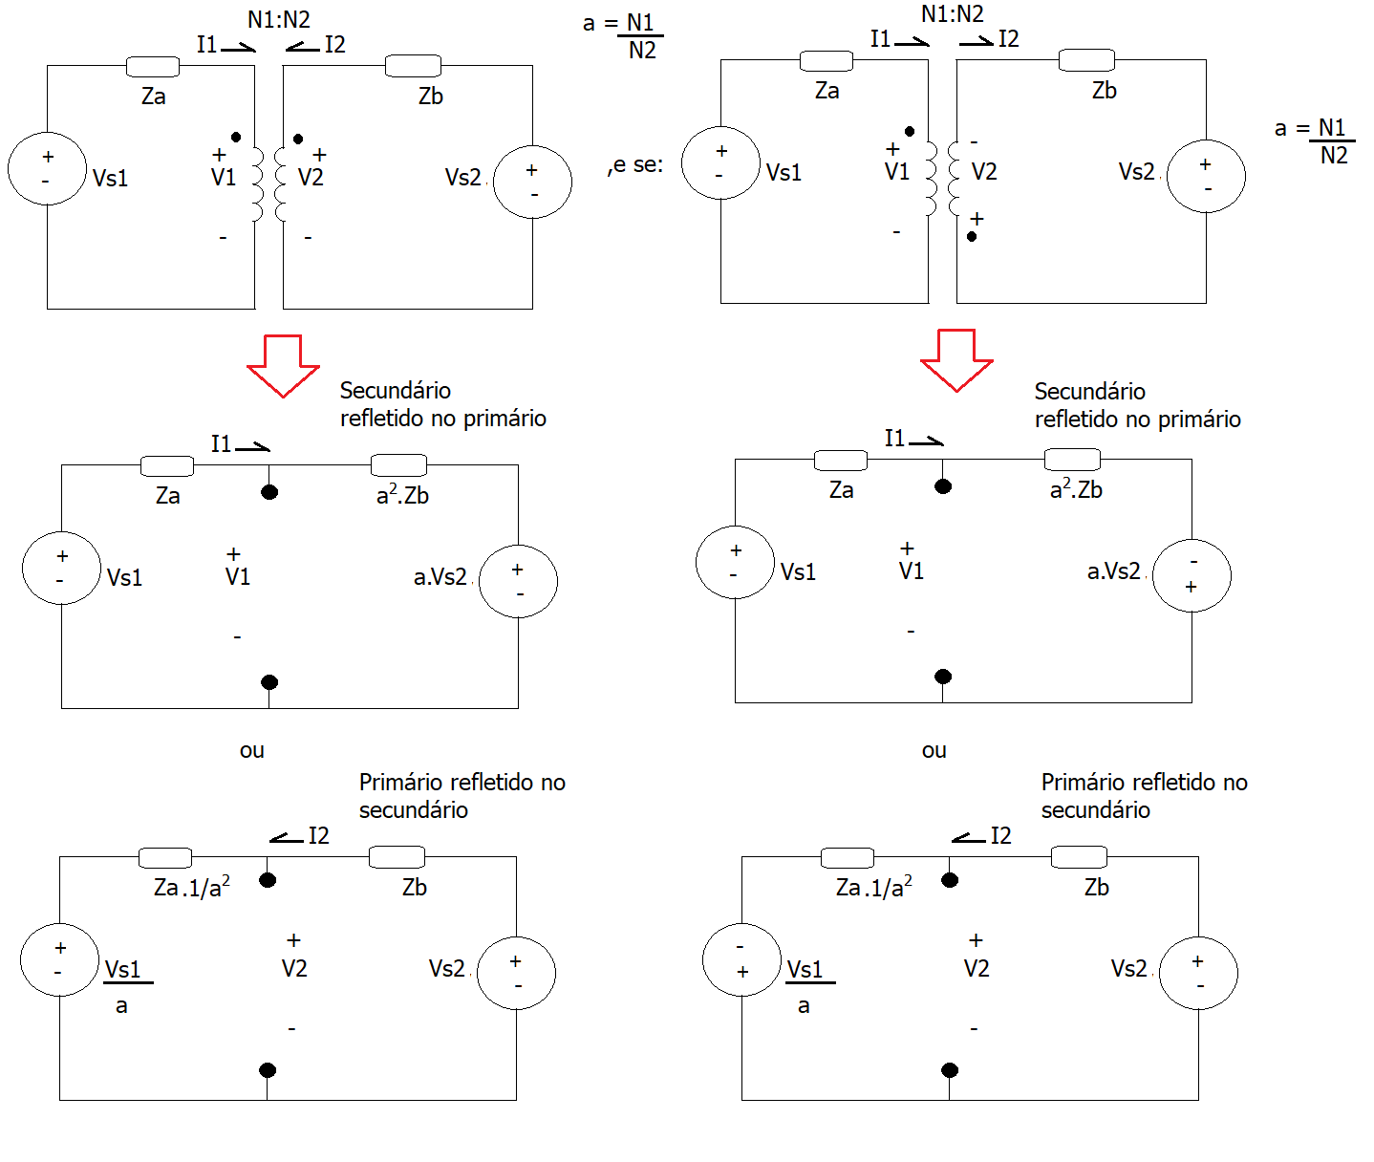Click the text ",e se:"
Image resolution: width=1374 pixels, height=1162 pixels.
click(x=635, y=165)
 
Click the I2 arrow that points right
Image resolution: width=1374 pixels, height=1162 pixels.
click(x=977, y=41)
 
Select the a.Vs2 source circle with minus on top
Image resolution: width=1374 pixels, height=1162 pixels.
click(x=1192, y=575)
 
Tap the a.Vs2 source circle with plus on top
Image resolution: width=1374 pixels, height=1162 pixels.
click(x=518, y=581)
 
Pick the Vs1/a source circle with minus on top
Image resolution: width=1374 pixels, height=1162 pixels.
click(x=741, y=959)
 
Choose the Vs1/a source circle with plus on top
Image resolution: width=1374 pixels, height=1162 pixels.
click(x=59, y=959)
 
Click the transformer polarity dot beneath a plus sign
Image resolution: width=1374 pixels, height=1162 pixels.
click(x=972, y=236)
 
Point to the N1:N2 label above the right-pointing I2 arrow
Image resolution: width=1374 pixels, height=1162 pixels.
click(x=952, y=14)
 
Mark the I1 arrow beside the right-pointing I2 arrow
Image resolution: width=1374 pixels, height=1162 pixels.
click(x=912, y=41)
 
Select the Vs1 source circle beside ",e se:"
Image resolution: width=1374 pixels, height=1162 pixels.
click(x=720, y=163)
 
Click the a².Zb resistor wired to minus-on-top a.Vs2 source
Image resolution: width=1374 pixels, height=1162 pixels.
click(x=1072, y=460)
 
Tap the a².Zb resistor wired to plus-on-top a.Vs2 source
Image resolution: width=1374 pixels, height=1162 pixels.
click(x=398, y=465)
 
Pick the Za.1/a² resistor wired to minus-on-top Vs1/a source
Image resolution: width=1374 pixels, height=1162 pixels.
click(x=848, y=857)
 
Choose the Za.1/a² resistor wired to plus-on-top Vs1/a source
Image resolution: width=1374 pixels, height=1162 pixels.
click(x=165, y=857)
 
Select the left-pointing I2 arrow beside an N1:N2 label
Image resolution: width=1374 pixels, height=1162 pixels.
click(x=302, y=47)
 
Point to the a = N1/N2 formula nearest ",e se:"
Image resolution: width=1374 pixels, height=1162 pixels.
click(x=623, y=35)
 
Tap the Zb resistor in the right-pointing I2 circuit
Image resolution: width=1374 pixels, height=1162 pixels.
click(x=1086, y=60)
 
